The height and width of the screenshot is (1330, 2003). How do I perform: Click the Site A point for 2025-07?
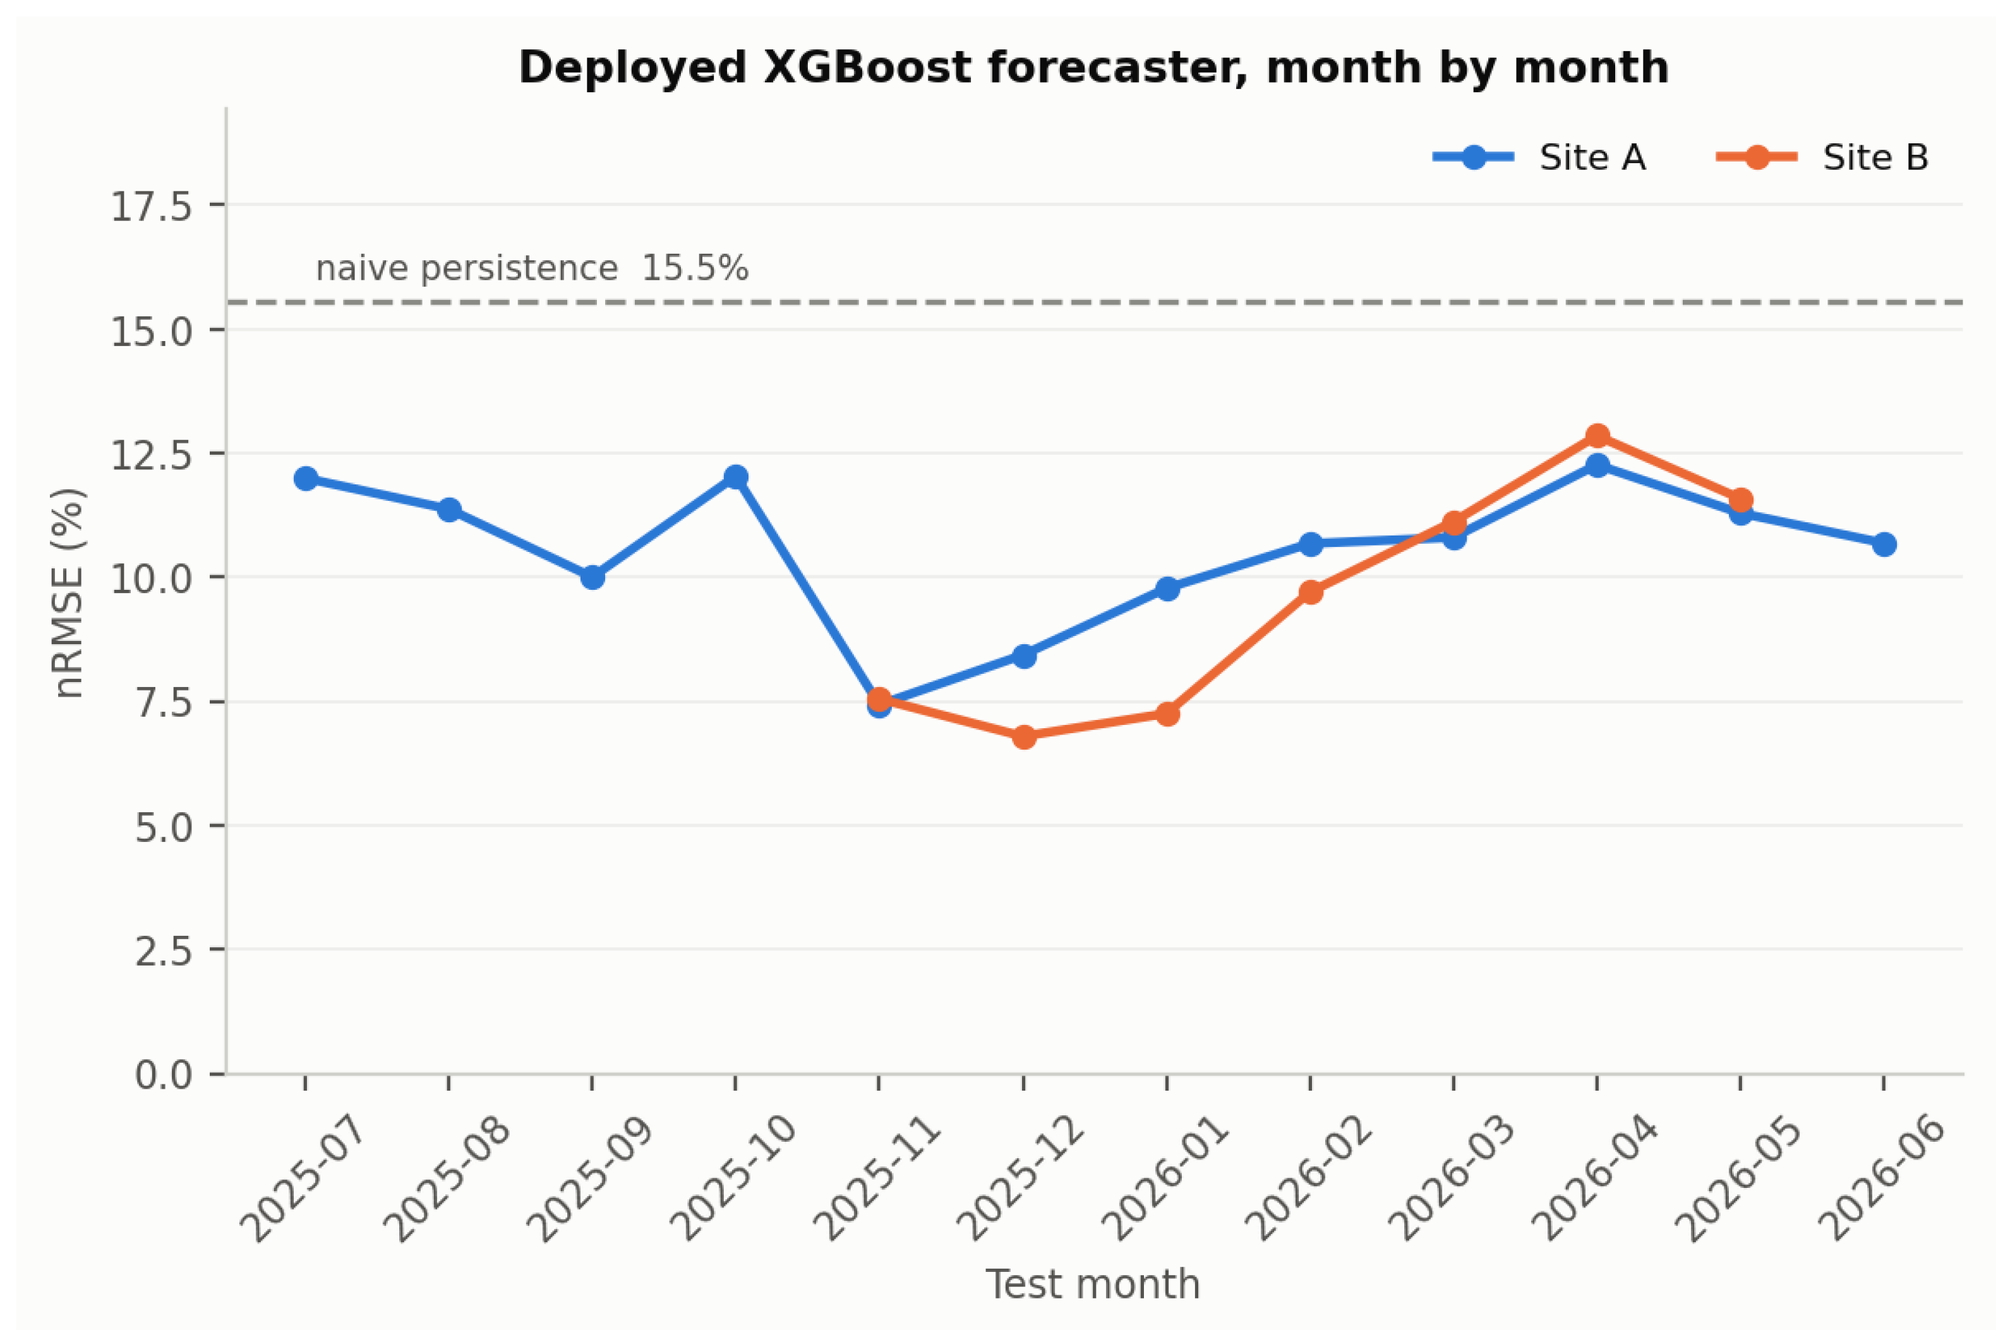(x=306, y=479)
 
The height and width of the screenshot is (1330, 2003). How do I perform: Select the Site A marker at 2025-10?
(x=735, y=477)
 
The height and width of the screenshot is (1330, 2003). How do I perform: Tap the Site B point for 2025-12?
(x=1024, y=736)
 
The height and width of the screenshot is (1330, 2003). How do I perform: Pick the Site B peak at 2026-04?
(x=1597, y=436)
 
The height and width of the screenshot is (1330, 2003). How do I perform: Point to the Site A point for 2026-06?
(x=1884, y=544)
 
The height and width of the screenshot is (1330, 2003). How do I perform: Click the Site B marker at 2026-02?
(x=1311, y=591)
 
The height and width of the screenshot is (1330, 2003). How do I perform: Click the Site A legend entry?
(x=1540, y=157)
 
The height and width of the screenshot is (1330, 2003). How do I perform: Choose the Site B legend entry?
(x=1823, y=157)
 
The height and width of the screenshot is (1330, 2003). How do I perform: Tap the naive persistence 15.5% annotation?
(x=532, y=268)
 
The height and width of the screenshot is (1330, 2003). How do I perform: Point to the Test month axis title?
(x=1093, y=1284)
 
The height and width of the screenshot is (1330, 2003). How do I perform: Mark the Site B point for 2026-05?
(x=1741, y=500)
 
